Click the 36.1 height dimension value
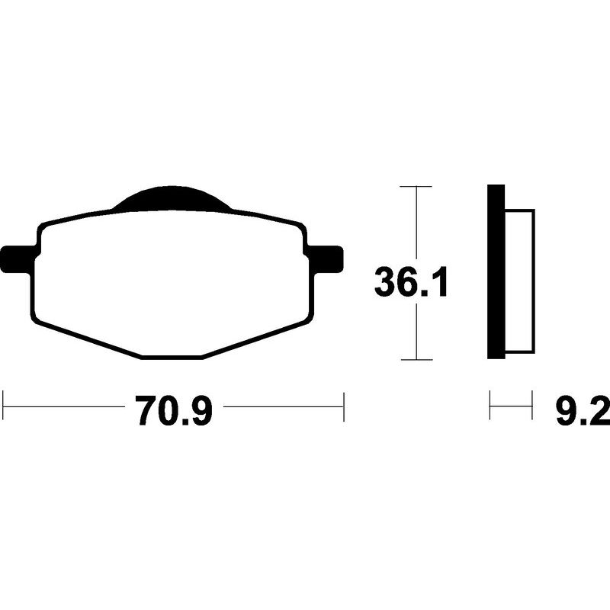410,281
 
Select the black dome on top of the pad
172,199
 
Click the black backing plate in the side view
496,271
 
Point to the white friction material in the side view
520,281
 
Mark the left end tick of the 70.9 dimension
3,407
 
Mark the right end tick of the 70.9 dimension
344,407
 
